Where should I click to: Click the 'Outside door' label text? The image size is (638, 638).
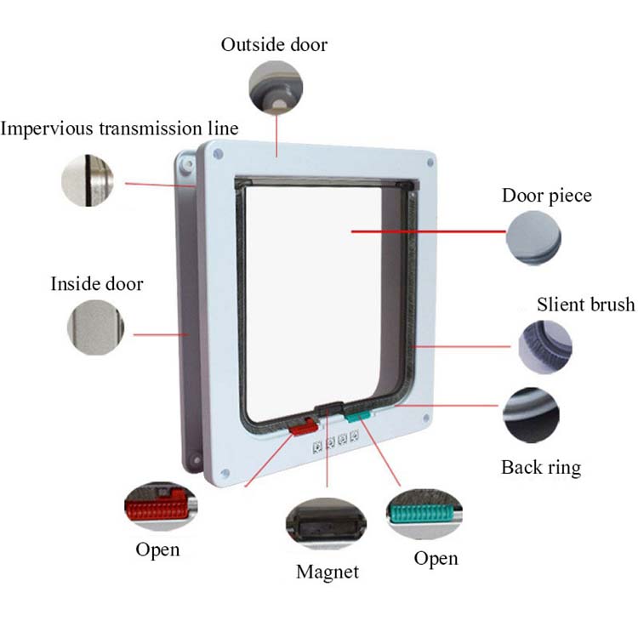pyautogui.click(x=274, y=44)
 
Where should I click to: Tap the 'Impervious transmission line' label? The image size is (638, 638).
pyautogui.click(x=119, y=128)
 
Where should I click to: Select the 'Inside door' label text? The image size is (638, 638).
pyautogui.click(x=97, y=283)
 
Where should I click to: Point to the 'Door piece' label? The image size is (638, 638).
pyautogui.click(x=546, y=196)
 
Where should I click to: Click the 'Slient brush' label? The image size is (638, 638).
pyautogui.click(x=585, y=305)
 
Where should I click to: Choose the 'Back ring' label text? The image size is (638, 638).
pyautogui.click(x=541, y=467)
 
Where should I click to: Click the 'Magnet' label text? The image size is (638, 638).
pyautogui.click(x=328, y=571)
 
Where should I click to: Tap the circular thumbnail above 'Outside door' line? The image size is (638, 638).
pyautogui.click(x=275, y=87)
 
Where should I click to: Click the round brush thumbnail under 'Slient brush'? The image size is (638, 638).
pyautogui.click(x=545, y=346)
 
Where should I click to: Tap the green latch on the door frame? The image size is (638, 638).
pyautogui.click(x=358, y=415)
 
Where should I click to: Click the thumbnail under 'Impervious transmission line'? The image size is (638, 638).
pyautogui.click(x=88, y=180)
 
